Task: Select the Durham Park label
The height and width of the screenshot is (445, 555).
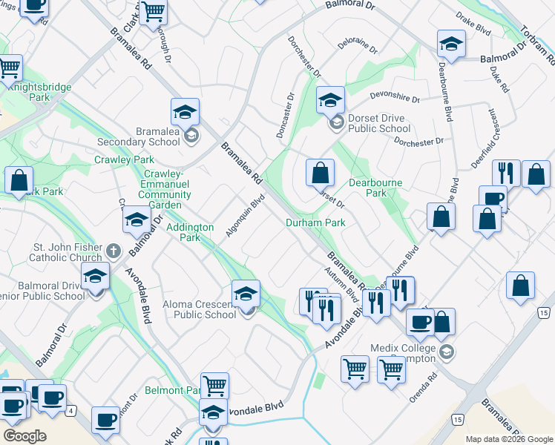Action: click(316, 222)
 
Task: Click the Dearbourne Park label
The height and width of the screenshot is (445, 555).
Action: click(377, 188)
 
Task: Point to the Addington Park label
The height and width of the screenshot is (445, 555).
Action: click(191, 232)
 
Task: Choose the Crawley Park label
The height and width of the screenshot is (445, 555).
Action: click(124, 159)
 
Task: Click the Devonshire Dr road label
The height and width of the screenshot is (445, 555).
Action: click(395, 98)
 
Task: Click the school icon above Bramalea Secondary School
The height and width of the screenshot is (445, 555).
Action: click(185, 113)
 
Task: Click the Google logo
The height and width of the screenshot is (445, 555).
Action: click(24, 436)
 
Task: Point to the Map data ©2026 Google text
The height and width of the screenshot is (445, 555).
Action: click(508, 439)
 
